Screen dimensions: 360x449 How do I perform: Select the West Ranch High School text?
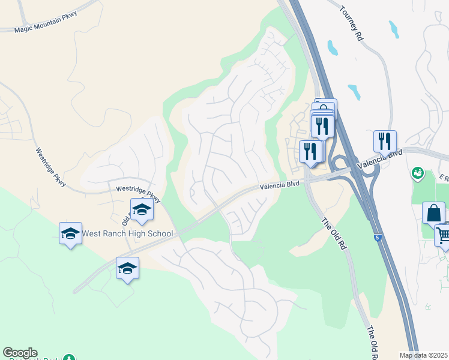[127, 234]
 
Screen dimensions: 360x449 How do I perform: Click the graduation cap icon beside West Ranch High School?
[70, 234]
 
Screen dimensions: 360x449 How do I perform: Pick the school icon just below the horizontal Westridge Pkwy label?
[142, 210]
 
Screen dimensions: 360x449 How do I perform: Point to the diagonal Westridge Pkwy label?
[50, 167]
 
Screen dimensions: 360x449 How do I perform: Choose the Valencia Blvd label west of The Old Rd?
[279, 187]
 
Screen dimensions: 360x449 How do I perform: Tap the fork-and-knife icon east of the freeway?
[385, 142]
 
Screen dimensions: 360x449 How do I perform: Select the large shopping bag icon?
[434, 214]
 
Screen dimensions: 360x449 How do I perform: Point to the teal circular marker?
[417, 173]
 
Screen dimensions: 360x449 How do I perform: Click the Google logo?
[20, 353]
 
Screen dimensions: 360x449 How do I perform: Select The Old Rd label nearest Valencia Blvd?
[334, 233]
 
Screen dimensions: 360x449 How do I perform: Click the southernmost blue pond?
[354, 92]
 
